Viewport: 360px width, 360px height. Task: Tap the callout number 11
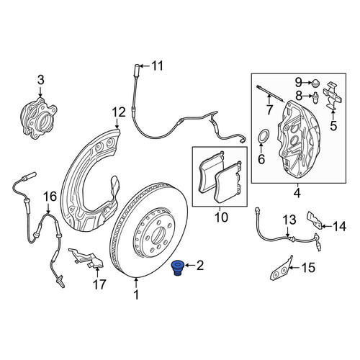click(158, 66)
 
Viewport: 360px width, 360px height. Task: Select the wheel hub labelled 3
click(38, 118)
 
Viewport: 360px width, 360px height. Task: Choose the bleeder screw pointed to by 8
click(316, 97)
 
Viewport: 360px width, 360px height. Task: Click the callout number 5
click(333, 126)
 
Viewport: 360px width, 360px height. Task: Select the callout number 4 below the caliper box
click(297, 193)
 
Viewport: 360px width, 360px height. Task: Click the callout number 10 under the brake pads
click(221, 217)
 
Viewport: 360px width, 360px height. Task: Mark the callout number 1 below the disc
click(136, 294)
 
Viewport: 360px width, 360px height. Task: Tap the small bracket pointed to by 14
click(315, 220)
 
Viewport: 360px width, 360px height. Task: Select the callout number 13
click(289, 220)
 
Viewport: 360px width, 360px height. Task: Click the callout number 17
click(99, 284)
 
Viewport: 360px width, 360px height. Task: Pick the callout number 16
click(50, 197)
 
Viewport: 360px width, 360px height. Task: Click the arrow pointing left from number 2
click(190, 265)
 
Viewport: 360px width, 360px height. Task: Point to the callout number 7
click(269, 110)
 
